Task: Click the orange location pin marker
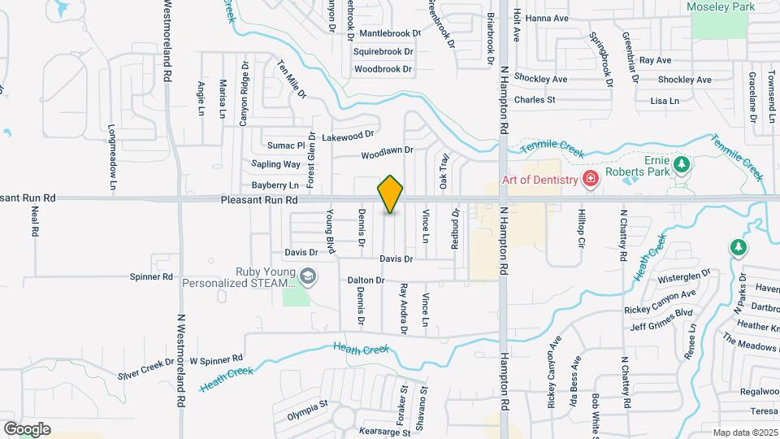pos(391,194)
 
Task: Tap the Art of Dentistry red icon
pos(591,179)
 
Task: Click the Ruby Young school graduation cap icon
pos(307,276)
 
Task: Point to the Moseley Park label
pos(721,7)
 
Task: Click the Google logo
pos(27,429)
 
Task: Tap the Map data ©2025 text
pos(745,432)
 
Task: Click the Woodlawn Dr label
pos(388,151)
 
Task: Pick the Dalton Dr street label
pos(366,280)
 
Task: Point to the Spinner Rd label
pos(151,276)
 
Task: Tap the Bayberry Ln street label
pos(275,186)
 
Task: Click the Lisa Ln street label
pos(665,101)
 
